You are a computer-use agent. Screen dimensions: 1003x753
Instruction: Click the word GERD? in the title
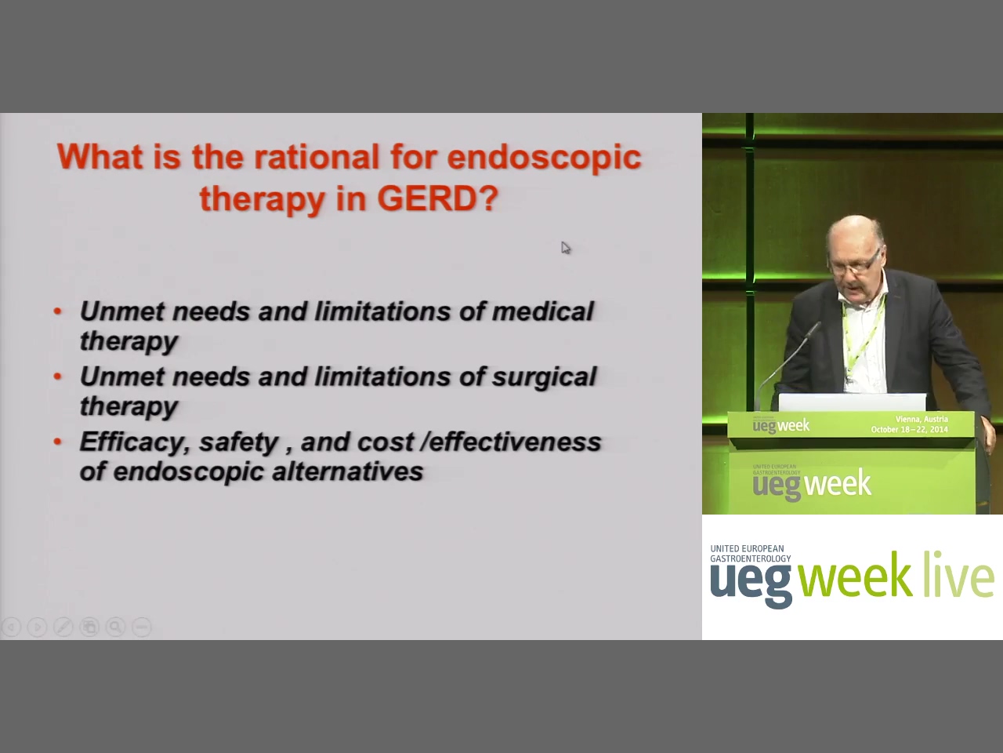[438, 198]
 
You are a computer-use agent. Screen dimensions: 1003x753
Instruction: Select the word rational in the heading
[317, 157]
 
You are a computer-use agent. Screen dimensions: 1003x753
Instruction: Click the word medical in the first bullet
[542, 311]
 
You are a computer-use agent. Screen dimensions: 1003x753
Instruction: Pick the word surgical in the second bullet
[544, 377]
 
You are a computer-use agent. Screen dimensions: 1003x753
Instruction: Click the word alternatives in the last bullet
[348, 471]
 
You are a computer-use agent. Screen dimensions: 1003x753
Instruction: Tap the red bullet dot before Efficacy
[57, 442]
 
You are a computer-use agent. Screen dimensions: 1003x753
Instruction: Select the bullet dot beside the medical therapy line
[57, 311]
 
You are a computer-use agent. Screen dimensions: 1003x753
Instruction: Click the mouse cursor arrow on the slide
[566, 248]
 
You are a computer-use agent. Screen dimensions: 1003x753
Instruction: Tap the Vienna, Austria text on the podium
[922, 419]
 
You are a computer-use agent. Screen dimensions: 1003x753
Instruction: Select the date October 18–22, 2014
[909, 429]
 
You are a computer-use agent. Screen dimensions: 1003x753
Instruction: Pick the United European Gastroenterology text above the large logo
[751, 554]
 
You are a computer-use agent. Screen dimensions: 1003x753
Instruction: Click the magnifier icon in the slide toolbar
[116, 627]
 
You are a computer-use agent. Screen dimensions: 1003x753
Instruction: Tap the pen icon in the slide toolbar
[63, 627]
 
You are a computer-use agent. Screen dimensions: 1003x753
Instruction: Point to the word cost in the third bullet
[385, 442]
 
